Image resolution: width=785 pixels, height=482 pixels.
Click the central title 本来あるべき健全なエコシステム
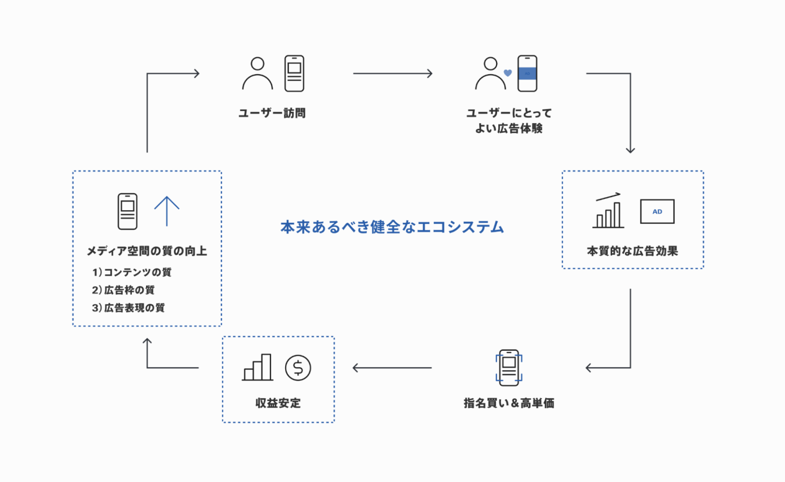[x=392, y=227]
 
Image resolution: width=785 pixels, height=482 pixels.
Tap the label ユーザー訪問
[x=272, y=113]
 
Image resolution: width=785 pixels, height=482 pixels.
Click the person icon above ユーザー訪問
[x=257, y=74]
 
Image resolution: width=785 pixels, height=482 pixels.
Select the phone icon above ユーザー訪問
[x=294, y=74]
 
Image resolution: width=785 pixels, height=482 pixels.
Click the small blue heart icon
[x=508, y=73]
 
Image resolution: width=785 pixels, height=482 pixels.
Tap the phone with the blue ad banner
[x=527, y=74]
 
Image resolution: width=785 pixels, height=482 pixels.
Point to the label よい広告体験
[x=509, y=129]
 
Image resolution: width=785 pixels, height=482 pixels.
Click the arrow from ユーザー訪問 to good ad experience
[x=392, y=74]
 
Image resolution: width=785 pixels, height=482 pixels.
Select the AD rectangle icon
[x=657, y=211]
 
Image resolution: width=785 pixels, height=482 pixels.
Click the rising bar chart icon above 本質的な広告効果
[x=608, y=211]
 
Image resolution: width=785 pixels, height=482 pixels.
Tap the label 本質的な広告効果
[x=632, y=251]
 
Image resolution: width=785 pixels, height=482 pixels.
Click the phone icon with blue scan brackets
[x=509, y=368]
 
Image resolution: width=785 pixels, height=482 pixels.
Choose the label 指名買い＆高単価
[x=509, y=403]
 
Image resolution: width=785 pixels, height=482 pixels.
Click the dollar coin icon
[x=298, y=368]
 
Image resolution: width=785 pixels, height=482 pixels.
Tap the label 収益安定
[x=278, y=403]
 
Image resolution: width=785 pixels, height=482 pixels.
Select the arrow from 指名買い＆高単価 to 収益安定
[x=392, y=368]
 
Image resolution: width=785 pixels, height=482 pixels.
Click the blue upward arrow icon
[x=166, y=211]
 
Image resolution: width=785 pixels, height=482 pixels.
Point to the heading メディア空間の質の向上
[x=147, y=251]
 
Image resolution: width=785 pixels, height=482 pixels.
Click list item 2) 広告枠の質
[x=123, y=290]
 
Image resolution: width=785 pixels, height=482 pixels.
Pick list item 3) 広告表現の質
[x=128, y=308]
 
